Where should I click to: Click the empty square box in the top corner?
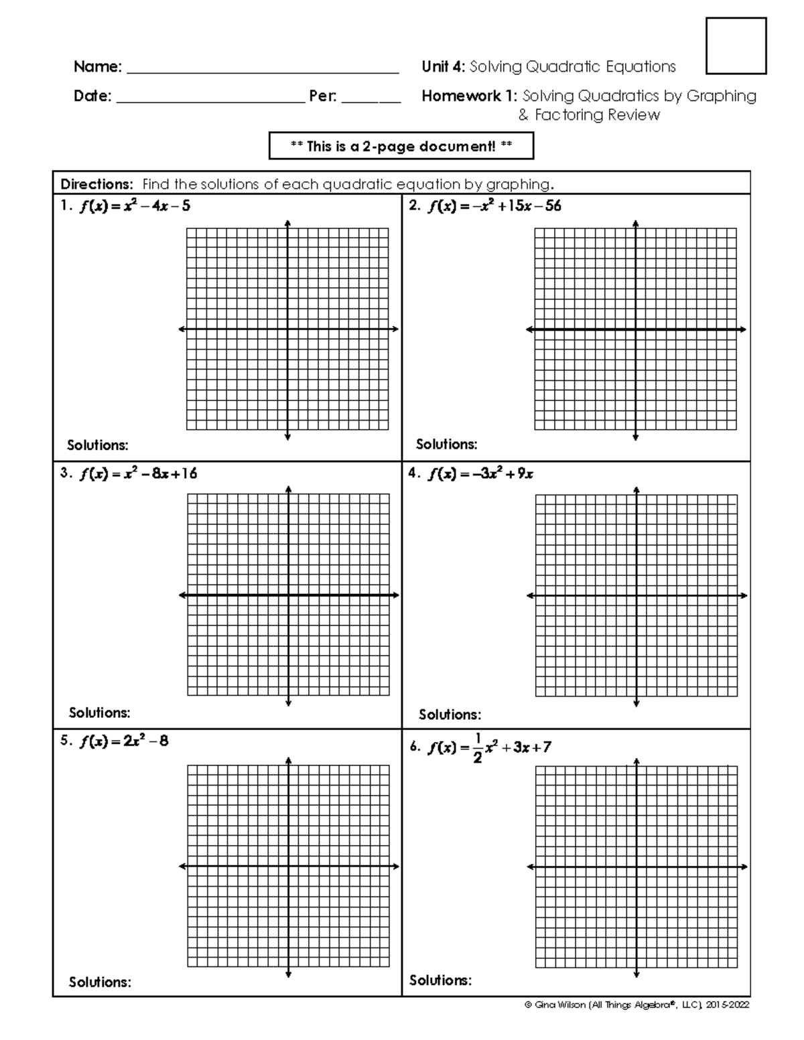click(736, 46)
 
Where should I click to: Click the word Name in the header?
click(97, 67)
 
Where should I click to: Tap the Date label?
click(92, 96)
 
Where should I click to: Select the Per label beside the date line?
click(323, 96)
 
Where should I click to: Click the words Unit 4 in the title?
click(444, 67)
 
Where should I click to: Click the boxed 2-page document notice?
click(401, 146)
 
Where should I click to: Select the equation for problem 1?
click(134, 206)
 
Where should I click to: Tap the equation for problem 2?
click(494, 206)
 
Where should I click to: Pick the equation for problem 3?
click(138, 474)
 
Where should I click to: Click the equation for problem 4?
click(480, 474)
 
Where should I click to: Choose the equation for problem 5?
click(124, 741)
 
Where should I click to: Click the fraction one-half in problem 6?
click(477, 748)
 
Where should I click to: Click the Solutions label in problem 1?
click(98, 445)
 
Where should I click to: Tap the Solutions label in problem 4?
click(450, 715)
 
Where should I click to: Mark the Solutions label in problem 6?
click(440, 980)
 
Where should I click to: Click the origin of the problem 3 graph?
click(288, 595)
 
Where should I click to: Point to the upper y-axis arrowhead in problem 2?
click(635, 223)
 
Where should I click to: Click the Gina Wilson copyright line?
click(636, 1005)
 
